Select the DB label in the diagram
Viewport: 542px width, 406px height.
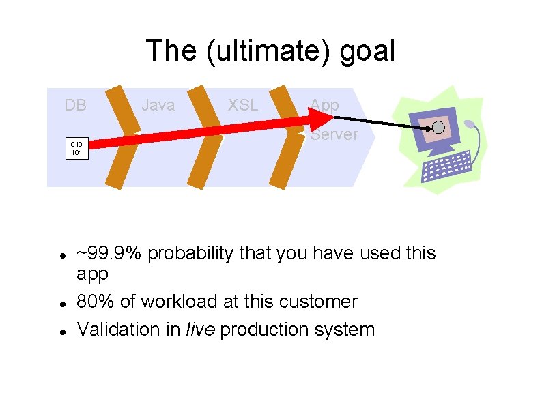tap(75, 105)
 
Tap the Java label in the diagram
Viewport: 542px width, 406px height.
tap(158, 105)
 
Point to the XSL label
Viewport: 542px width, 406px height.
tap(243, 105)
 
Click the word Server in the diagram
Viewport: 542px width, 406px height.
tap(334, 134)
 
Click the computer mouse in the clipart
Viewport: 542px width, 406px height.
tap(470, 126)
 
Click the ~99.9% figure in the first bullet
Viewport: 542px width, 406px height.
tap(109, 253)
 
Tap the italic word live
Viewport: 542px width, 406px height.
tap(200, 330)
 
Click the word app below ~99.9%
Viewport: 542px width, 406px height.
tap(93, 274)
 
